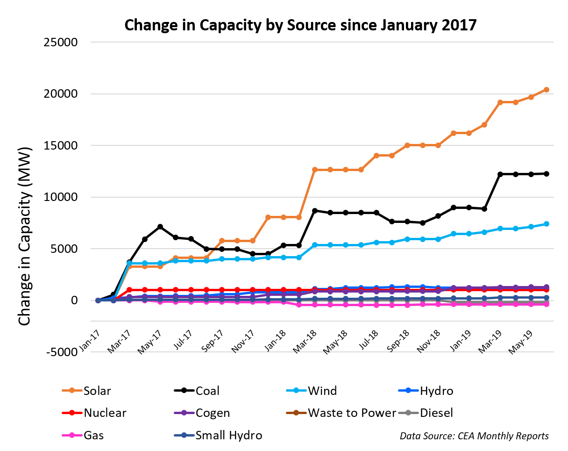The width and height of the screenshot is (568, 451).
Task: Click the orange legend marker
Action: [72, 390]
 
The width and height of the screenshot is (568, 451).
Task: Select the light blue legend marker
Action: [296, 390]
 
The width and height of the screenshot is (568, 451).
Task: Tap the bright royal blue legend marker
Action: [408, 390]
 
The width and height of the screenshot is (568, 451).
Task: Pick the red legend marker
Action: [72, 413]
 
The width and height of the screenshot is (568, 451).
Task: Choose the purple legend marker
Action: [184, 413]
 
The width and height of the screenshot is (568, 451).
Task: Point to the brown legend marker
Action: [296, 413]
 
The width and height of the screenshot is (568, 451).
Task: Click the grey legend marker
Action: [408, 413]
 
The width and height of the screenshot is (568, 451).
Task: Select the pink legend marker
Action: [72, 435]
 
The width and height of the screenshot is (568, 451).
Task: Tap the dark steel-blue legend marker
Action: [184, 435]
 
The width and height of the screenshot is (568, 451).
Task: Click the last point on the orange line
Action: [546, 90]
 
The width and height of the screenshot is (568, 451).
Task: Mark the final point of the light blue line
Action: [546, 224]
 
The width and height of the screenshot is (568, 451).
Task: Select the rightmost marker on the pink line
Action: [546, 304]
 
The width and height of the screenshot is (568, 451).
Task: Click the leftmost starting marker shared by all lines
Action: [98, 301]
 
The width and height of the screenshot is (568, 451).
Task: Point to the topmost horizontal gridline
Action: [322, 42]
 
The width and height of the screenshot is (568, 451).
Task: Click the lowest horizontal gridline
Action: [322, 352]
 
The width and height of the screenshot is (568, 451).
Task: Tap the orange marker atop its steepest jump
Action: [314, 170]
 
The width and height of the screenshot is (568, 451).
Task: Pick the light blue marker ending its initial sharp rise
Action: [129, 263]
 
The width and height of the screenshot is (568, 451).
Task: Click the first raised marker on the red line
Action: [129, 290]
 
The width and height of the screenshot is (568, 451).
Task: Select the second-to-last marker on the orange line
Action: [531, 97]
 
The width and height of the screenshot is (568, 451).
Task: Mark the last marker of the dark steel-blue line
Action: [546, 297]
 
